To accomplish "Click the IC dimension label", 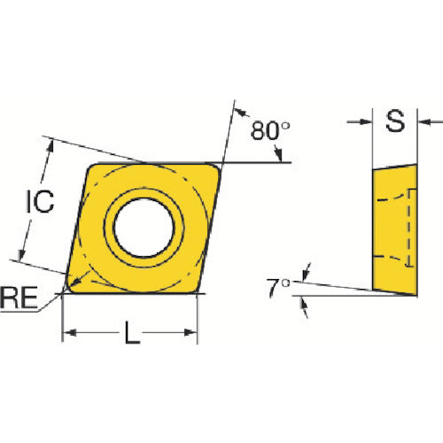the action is click(x=40, y=201).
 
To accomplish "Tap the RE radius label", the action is click(x=19, y=298).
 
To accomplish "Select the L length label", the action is click(x=132, y=333).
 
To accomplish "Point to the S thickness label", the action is click(x=395, y=120).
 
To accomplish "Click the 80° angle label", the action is click(x=270, y=130).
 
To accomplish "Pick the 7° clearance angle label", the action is click(x=278, y=288).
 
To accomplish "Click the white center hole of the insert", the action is click(x=144, y=228).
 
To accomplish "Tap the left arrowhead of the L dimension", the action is click(x=70, y=333).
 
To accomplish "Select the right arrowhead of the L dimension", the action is click(x=190, y=333).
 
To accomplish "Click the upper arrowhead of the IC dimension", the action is click(x=51, y=146).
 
